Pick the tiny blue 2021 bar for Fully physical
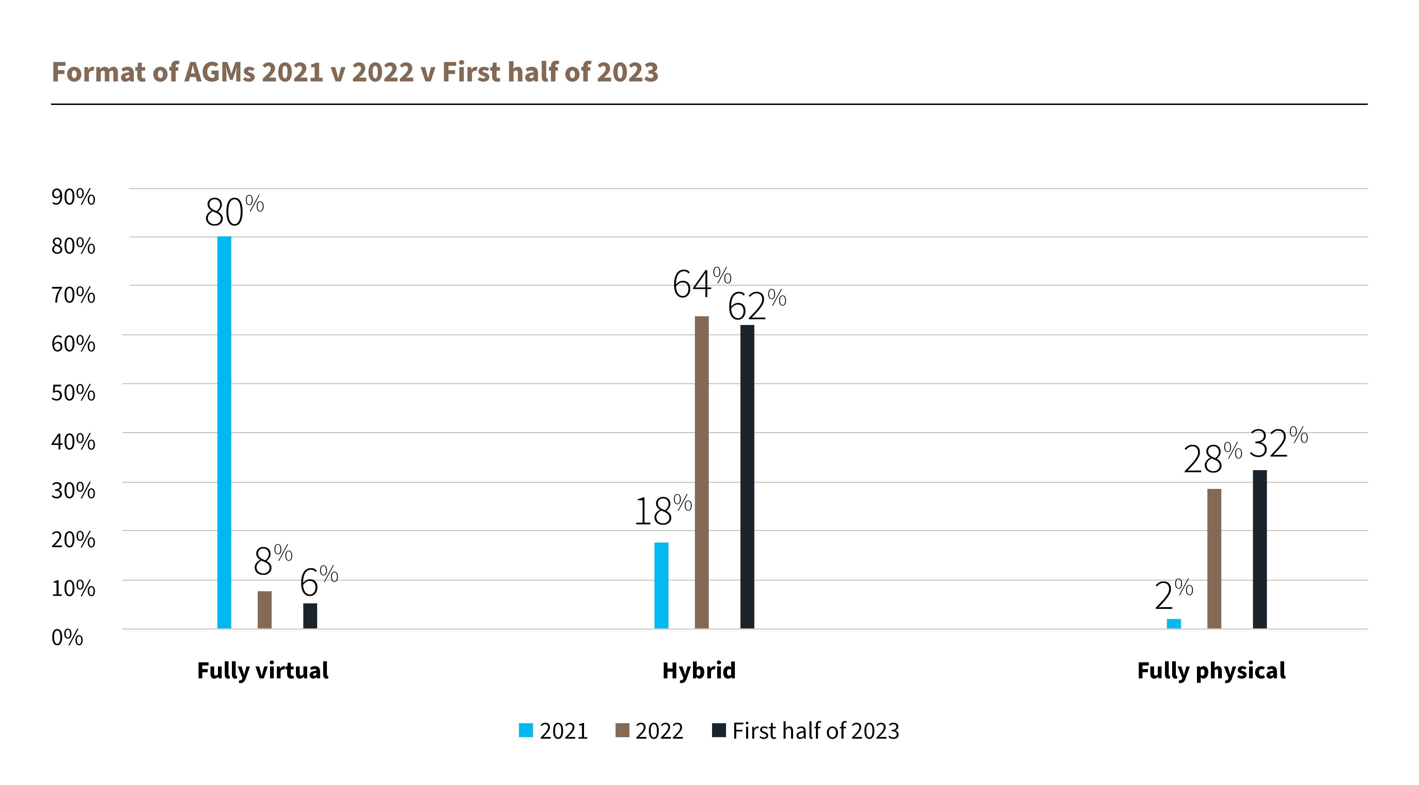pos(1173,624)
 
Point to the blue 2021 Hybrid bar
pos(661,585)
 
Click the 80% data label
pos(234,211)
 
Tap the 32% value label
pos(1277,443)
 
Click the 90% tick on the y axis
pos(73,197)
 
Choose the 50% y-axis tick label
pos(73,392)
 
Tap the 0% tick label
pos(67,637)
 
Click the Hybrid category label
pos(698,670)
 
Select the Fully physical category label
pos(1211,670)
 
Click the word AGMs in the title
pos(219,72)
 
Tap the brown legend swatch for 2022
pos(622,730)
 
